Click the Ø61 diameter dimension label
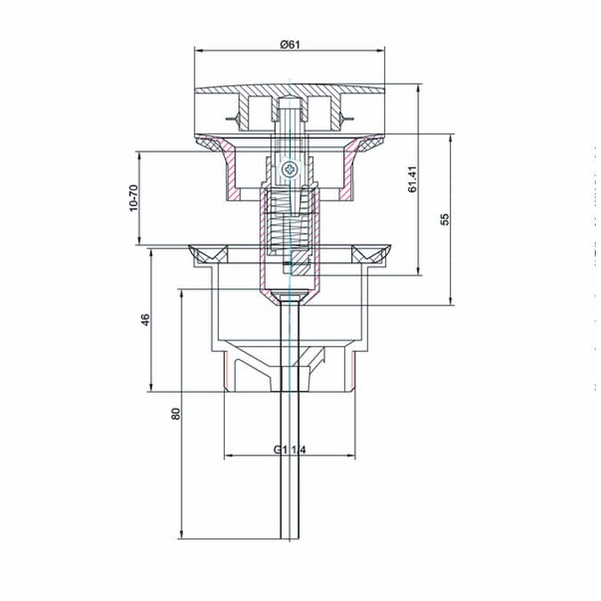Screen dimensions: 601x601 (290, 44)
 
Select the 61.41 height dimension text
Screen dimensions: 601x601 (413, 179)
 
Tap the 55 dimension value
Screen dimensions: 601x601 (445, 220)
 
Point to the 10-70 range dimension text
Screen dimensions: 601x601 (133, 197)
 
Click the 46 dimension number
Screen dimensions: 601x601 (146, 320)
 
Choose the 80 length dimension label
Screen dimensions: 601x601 (175, 414)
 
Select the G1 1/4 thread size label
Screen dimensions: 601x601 (290, 450)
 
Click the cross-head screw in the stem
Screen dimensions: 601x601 (289, 170)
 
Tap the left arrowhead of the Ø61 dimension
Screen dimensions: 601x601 (199, 51)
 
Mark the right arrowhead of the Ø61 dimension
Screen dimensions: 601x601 (380, 51)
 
